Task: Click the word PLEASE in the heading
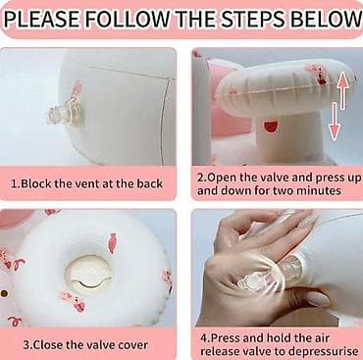pos(42,20)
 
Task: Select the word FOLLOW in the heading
pos(129,20)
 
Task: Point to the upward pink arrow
pos(341,90)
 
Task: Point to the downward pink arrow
pos(334,121)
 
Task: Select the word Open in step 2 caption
pos(222,178)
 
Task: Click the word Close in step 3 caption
pos(48,345)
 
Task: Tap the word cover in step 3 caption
pos(132,345)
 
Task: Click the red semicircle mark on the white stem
pos(270,127)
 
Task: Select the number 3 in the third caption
pos(26,345)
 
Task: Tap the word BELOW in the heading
pos(327,20)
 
